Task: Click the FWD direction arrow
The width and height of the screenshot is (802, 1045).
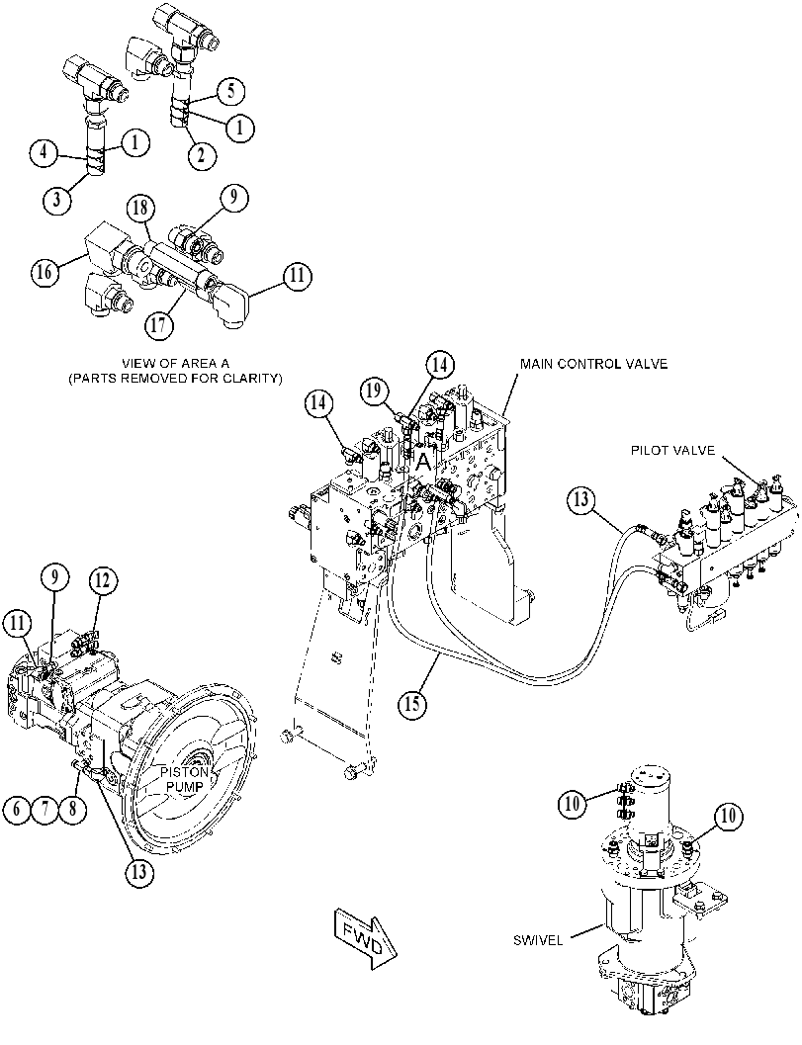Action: point(364,938)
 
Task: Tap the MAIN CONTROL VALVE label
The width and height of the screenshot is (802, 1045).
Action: point(593,364)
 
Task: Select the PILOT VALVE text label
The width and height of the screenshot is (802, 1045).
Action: point(672,451)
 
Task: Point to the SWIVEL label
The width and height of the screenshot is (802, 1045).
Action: point(538,940)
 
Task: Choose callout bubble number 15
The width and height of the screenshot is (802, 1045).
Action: point(413,703)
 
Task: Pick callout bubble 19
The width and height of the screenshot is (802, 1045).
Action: point(375,392)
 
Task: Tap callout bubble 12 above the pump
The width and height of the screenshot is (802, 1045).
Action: point(103,581)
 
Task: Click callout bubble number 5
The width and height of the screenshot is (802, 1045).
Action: point(230,91)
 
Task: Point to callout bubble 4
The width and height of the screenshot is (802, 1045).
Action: point(44,152)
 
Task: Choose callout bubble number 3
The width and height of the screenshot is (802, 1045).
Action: point(59,198)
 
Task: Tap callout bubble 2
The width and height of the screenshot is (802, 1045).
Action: point(202,155)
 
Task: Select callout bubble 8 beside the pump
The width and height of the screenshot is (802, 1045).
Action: point(72,809)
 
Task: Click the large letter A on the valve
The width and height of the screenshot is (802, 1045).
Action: point(423,462)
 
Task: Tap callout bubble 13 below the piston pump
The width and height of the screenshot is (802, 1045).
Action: point(138,871)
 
